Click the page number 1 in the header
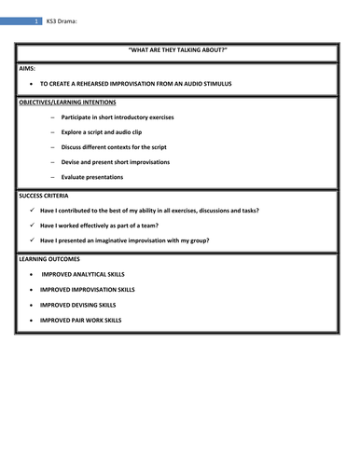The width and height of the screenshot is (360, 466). (35, 21)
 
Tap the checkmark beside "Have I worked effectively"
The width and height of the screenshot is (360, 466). (35, 225)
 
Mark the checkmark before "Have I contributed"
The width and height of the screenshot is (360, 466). (35, 210)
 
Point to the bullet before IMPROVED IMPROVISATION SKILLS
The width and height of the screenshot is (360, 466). (34, 290)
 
